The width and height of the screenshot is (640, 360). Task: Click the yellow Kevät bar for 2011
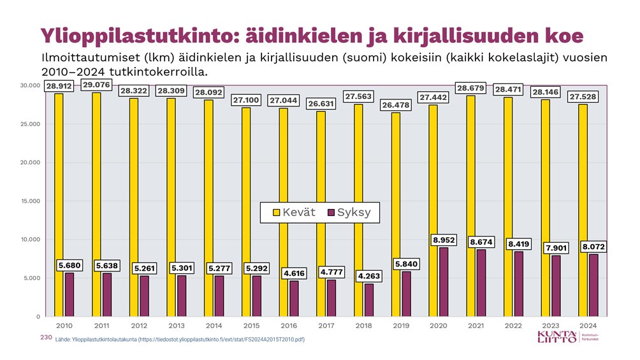point(96,204)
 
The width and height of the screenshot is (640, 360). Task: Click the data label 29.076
point(96,85)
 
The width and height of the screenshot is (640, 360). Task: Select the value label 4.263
point(369,277)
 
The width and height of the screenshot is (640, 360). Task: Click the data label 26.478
point(395,104)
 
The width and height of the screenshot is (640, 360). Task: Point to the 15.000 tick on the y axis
point(30,201)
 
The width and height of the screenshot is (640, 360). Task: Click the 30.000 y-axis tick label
point(30,85)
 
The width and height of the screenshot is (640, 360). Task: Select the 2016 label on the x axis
point(289,326)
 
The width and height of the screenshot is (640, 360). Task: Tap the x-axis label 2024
point(588,326)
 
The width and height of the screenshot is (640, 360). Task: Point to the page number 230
point(45,338)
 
